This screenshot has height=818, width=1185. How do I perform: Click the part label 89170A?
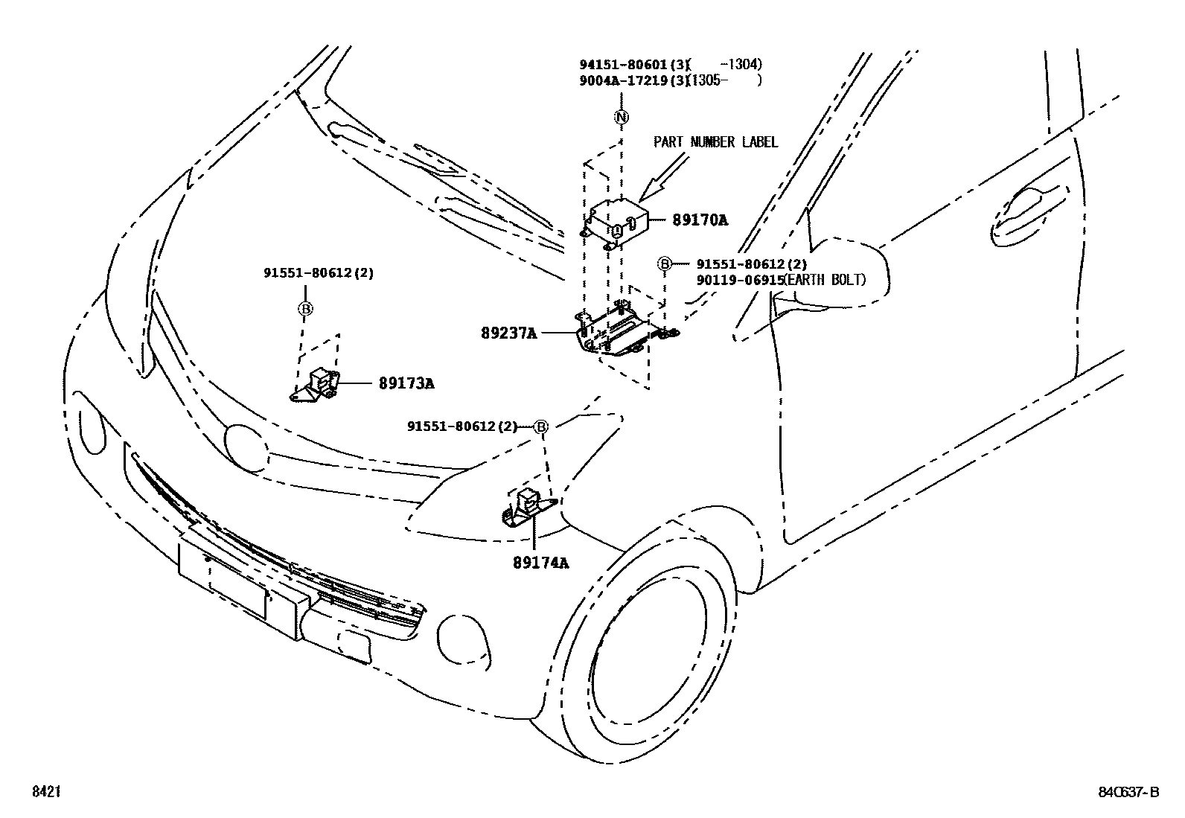click(700, 220)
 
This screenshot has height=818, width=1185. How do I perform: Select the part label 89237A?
click(509, 333)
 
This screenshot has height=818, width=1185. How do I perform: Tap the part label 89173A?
click(406, 383)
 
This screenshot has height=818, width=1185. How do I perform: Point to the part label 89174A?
click(540, 563)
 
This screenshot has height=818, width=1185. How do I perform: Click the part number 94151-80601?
click(624, 65)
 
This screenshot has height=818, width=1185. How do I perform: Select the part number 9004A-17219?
click(624, 80)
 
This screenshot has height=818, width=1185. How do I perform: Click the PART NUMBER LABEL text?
click(715, 141)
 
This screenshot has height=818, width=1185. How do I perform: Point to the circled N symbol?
click(622, 117)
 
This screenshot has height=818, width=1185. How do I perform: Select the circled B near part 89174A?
click(542, 426)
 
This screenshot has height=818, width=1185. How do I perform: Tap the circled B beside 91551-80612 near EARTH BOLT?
click(664, 263)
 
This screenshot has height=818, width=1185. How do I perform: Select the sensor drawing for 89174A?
click(527, 508)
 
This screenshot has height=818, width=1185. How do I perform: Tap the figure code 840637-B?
click(1129, 793)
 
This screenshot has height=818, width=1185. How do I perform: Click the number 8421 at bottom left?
click(45, 793)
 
